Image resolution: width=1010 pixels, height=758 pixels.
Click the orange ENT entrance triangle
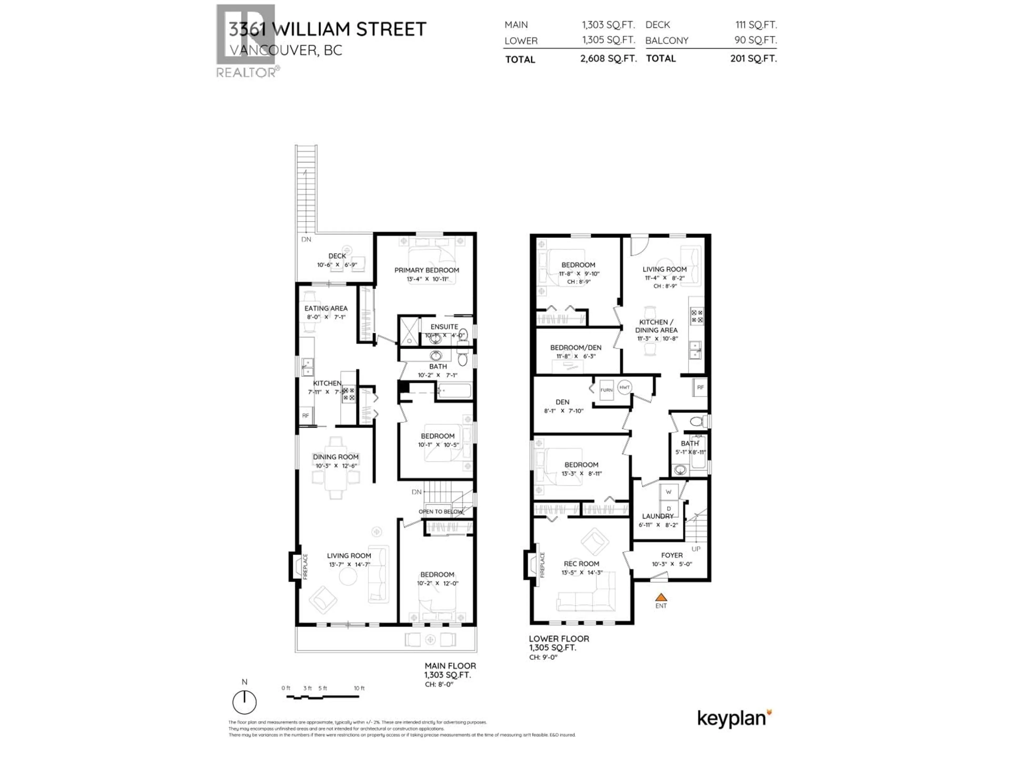point(661,597)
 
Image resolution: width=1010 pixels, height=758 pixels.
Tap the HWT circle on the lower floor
point(624,387)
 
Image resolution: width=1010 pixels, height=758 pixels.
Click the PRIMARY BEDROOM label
point(426,270)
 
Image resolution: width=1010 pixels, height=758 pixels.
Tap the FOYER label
point(672,555)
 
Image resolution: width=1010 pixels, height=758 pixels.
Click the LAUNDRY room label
point(658,516)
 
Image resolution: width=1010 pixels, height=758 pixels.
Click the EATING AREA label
point(326,308)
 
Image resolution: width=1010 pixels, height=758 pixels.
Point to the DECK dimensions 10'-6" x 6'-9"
point(337,265)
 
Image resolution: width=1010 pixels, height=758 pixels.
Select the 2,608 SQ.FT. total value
point(608,58)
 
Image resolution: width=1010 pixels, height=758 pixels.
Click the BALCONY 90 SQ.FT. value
point(755,40)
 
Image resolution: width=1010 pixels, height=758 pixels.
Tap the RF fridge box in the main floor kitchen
point(305,415)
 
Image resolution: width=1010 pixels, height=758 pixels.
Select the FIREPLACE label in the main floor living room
point(305,567)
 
